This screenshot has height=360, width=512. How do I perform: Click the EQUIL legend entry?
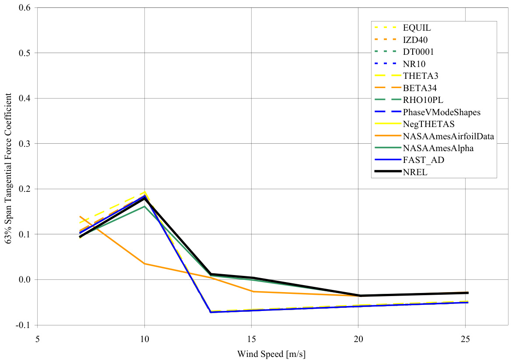click(417, 28)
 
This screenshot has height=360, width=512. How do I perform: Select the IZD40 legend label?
click(415, 40)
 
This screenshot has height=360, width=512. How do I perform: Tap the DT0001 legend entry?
click(418, 52)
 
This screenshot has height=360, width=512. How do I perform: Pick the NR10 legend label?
click(414, 64)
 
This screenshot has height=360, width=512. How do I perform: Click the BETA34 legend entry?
click(419, 88)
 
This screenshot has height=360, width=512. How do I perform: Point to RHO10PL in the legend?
click(422, 100)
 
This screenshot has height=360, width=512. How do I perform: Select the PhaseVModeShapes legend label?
click(442, 112)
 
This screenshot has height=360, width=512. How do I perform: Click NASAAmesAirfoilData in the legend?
click(448, 136)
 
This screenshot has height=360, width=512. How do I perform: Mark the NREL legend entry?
click(414, 172)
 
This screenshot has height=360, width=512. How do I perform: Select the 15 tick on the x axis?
click(252, 339)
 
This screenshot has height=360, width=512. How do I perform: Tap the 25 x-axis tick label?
click(466, 339)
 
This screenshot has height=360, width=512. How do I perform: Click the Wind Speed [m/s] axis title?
click(271, 353)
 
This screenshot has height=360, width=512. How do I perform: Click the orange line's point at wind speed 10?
click(144, 264)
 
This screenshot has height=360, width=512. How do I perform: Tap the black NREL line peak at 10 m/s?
click(144, 198)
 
